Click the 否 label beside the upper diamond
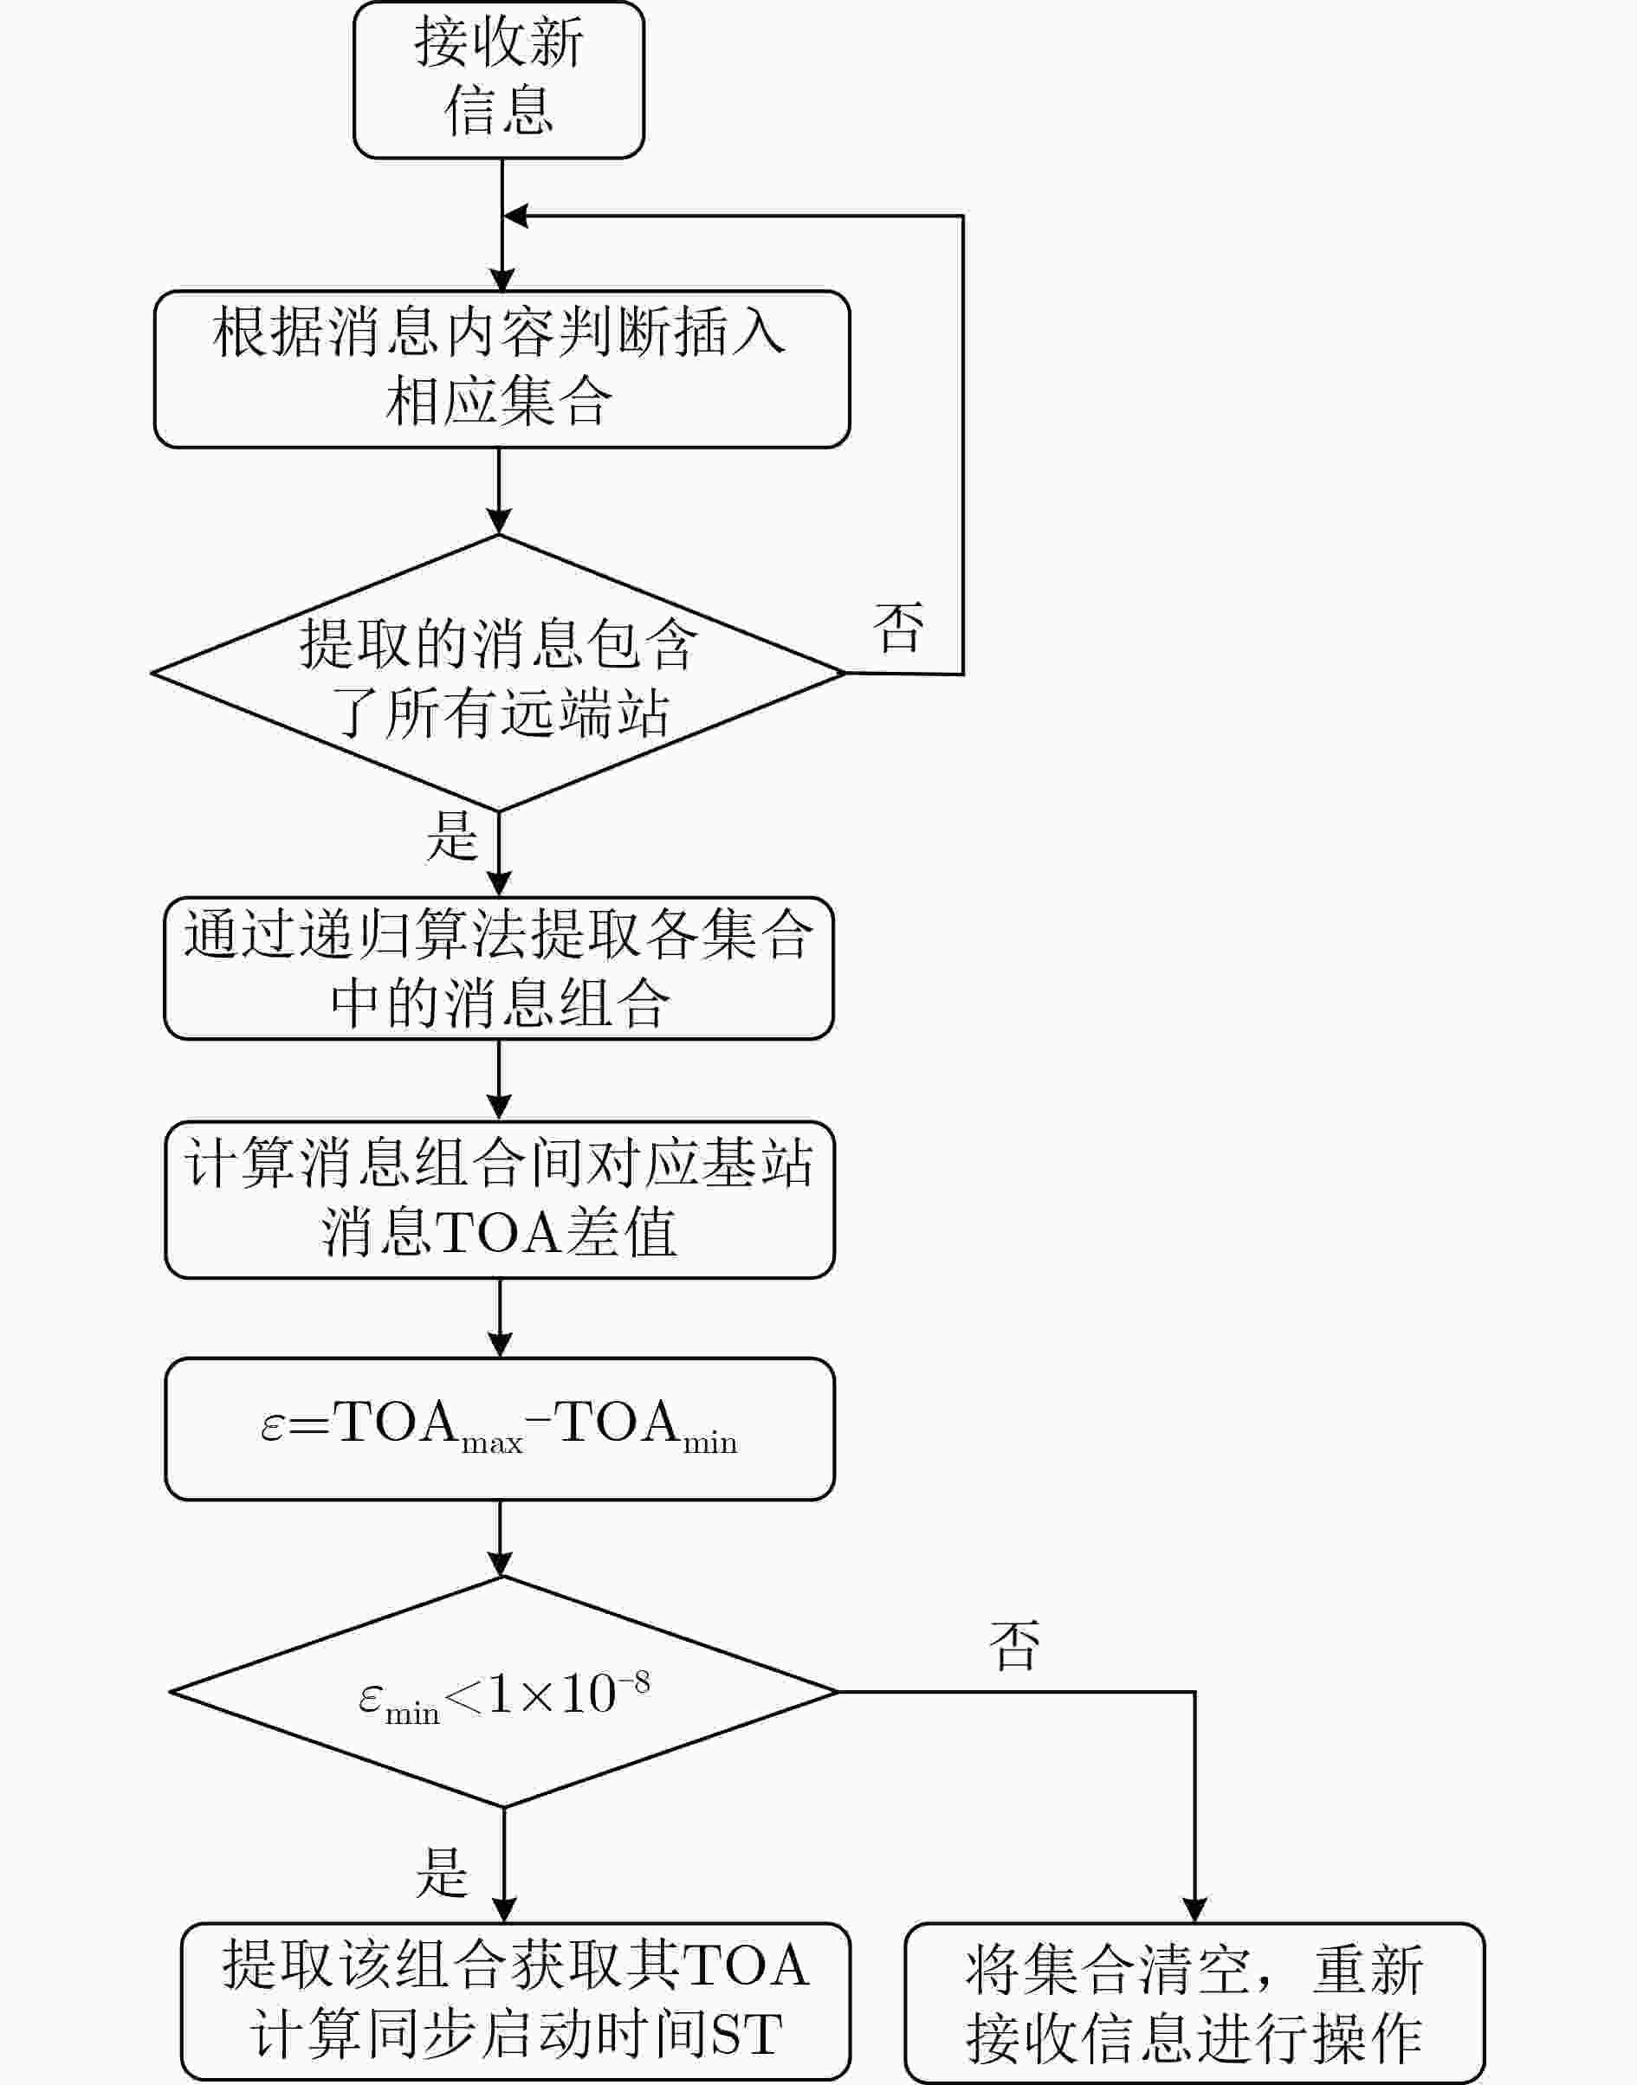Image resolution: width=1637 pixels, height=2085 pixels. (898, 628)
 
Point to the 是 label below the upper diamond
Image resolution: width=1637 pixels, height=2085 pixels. (452, 836)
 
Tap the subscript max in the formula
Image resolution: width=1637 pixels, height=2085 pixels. (492, 1443)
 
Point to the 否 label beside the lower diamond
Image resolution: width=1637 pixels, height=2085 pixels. (1014, 1646)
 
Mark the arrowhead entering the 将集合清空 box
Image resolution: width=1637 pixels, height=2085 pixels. (1194, 1911)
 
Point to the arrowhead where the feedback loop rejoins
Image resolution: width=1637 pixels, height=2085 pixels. (515, 216)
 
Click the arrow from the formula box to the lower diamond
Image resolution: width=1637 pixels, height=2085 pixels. (500, 1539)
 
